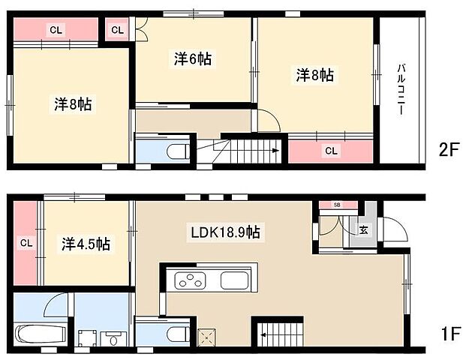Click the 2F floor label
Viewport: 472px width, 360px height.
pos(449,150)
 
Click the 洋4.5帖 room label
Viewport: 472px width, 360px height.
pos(85,244)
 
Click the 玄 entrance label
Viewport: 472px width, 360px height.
pos(363,229)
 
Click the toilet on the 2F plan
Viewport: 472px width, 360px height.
pos(174,151)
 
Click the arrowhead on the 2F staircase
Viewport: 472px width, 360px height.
pos(275,150)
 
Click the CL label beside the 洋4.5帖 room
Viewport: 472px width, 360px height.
pos(26,243)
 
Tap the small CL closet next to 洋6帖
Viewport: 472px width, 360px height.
pos(117,30)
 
